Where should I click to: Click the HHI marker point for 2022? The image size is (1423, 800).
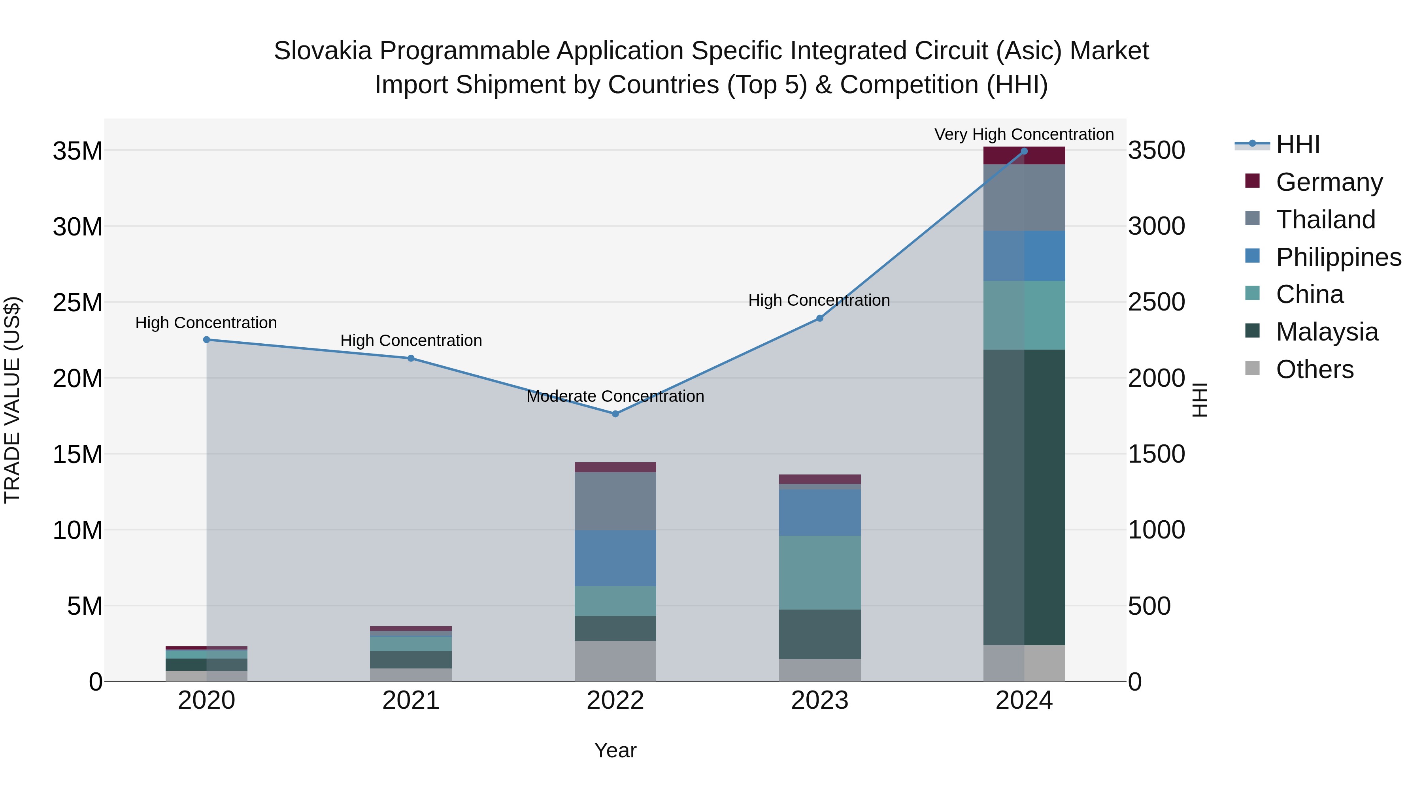[615, 414]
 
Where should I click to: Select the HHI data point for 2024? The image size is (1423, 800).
[1024, 151]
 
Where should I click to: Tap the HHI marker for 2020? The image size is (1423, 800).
[207, 339]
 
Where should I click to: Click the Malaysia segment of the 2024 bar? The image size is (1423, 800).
[1024, 497]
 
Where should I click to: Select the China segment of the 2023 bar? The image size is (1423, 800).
[820, 572]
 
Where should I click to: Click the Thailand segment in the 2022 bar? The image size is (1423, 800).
[615, 501]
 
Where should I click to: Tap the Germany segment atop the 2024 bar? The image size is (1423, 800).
[1024, 156]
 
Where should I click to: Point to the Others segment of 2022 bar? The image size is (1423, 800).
[615, 661]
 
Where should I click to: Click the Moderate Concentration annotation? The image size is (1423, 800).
[615, 396]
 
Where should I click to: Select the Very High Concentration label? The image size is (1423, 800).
[1024, 135]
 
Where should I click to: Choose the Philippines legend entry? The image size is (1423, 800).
[1338, 257]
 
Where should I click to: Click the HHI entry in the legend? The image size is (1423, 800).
[1298, 145]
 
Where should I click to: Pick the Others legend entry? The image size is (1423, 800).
[1314, 369]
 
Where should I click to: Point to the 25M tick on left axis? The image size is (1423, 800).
[77, 303]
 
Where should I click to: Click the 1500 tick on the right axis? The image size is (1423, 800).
[1156, 454]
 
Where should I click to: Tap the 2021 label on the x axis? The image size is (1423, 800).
[411, 700]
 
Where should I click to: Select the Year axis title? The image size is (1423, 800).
[615, 750]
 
